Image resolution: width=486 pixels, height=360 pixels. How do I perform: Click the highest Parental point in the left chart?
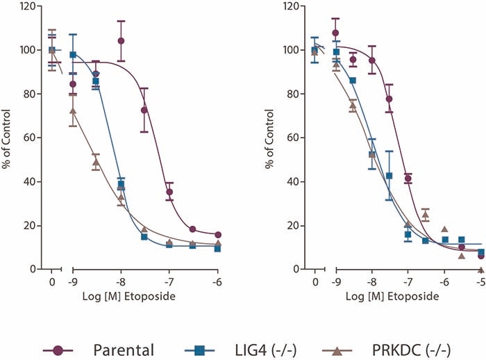click(121, 41)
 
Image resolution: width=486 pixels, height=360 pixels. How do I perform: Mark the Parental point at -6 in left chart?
click(217, 235)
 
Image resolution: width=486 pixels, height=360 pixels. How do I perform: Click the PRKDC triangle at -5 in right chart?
click(480, 268)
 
